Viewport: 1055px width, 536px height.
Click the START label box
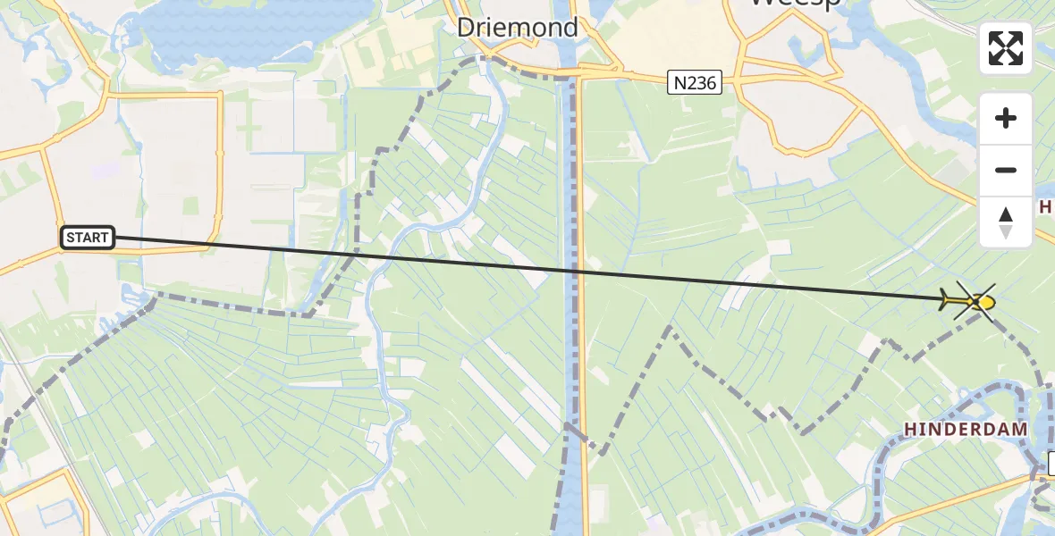(x=88, y=238)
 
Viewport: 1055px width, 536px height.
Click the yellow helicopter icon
(x=969, y=302)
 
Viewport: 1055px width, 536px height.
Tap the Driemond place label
(x=518, y=28)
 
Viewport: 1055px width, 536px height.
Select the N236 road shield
(x=694, y=83)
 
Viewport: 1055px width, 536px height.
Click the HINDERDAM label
(x=966, y=430)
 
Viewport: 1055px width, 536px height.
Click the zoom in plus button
(x=1006, y=118)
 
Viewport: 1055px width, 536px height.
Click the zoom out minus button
(x=1006, y=170)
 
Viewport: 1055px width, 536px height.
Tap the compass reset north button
(x=1006, y=222)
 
